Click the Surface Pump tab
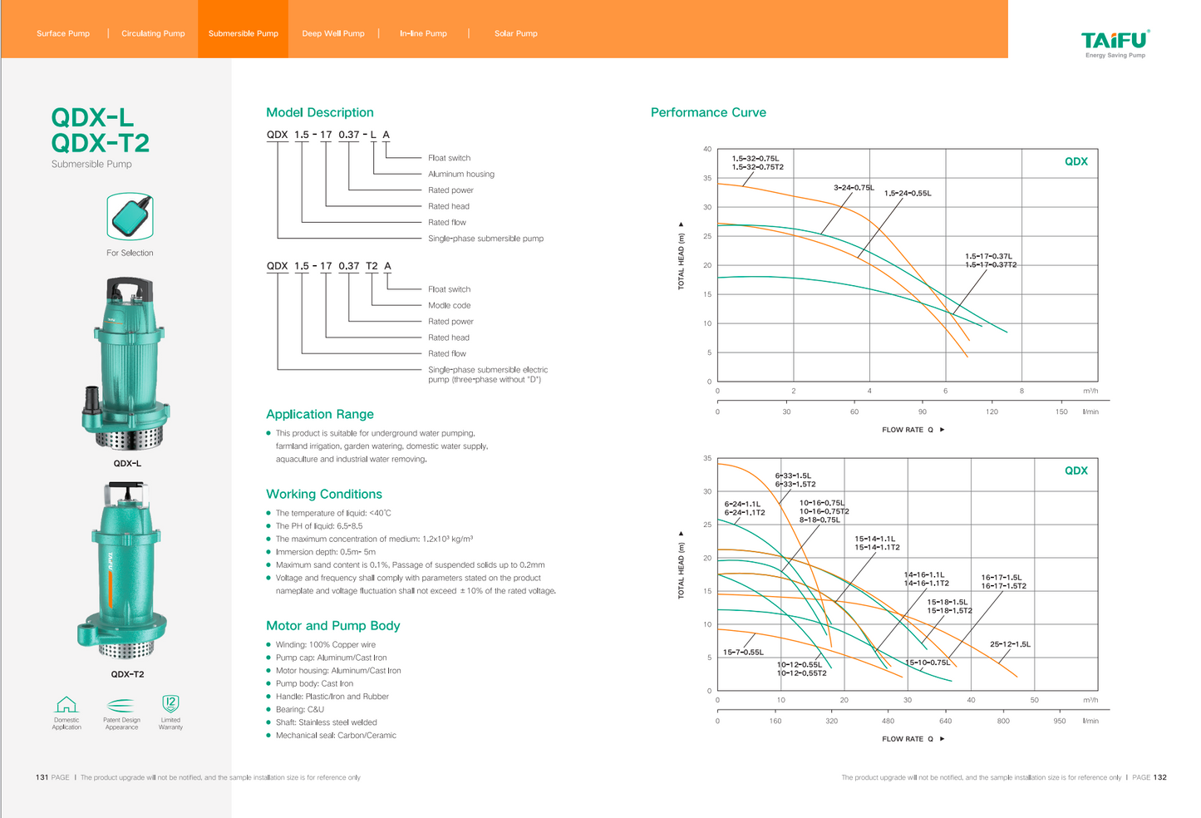click(63, 33)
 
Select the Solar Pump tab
click(515, 33)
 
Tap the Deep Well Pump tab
click(333, 33)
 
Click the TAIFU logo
click(1115, 42)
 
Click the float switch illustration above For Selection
click(130, 216)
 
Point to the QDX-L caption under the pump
click(127, 463)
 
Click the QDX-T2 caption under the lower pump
click(127, 674)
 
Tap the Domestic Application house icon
click(66, 705)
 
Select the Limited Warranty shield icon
click(170, 704)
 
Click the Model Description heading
click(320, 112)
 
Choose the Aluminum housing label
click(460, 174)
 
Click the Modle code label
click(449, 305)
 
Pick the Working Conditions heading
click(324, 494)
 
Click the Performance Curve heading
click(708, 112)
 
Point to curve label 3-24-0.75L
click(854, 188)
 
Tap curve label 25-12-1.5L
click(1010, 644)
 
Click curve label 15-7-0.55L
click(743, 653)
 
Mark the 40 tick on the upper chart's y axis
click(707, 150)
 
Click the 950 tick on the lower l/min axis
click(1060, 721)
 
